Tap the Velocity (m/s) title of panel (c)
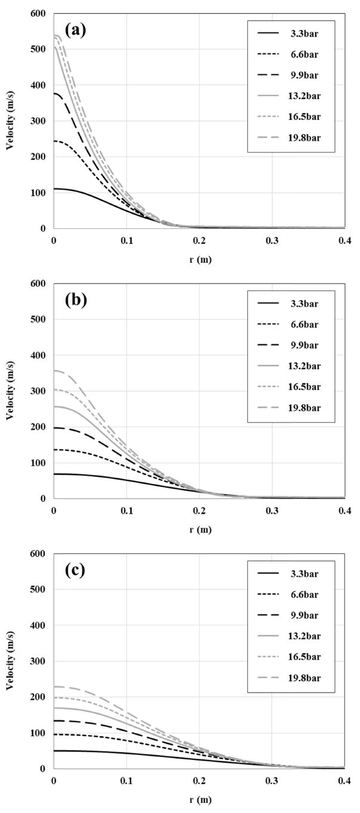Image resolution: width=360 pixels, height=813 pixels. pos(10,662)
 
